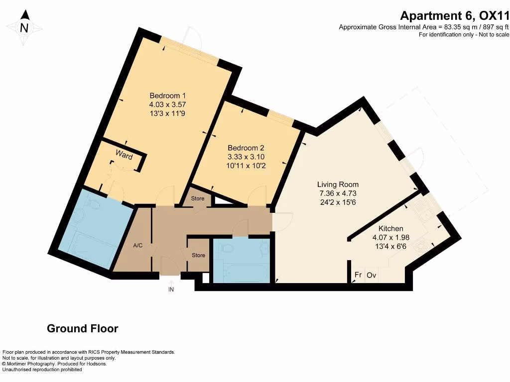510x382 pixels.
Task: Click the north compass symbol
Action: [24, 27]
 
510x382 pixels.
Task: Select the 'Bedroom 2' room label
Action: [246, 148]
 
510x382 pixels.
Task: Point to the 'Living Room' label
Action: [339, 185]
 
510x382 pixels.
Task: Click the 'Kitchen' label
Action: [390, 228]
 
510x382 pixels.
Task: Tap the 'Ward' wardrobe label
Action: [124, 155]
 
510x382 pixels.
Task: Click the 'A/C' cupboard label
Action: [138, 245]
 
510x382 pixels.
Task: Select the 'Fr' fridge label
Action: [358, 275]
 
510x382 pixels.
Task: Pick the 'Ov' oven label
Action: [372, 275]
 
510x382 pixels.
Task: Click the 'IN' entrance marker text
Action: [171, 289]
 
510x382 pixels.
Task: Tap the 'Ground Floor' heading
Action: [82, 329]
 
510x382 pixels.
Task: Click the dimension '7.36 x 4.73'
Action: [339, 193]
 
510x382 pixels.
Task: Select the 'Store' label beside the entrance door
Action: [198, 255]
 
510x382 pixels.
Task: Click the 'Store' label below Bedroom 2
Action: [198, 199]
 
